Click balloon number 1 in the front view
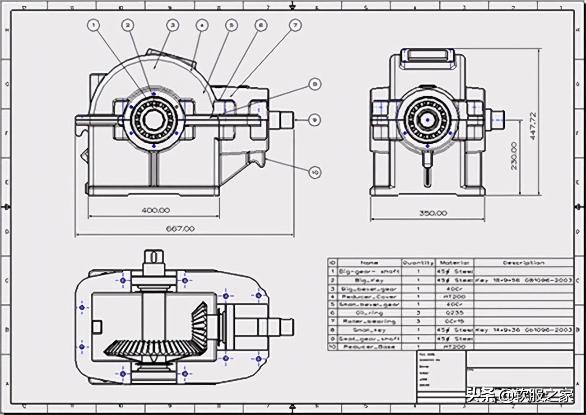93,25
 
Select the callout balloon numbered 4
202,25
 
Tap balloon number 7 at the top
295,25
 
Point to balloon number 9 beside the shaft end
315,120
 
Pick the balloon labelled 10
315,172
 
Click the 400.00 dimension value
155,210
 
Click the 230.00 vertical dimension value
514,156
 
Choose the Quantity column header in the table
418,263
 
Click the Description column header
523,263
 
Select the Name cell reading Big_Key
369,280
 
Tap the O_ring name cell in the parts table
369,313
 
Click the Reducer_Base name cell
369,347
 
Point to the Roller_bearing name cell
369,321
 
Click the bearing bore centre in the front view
154,119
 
